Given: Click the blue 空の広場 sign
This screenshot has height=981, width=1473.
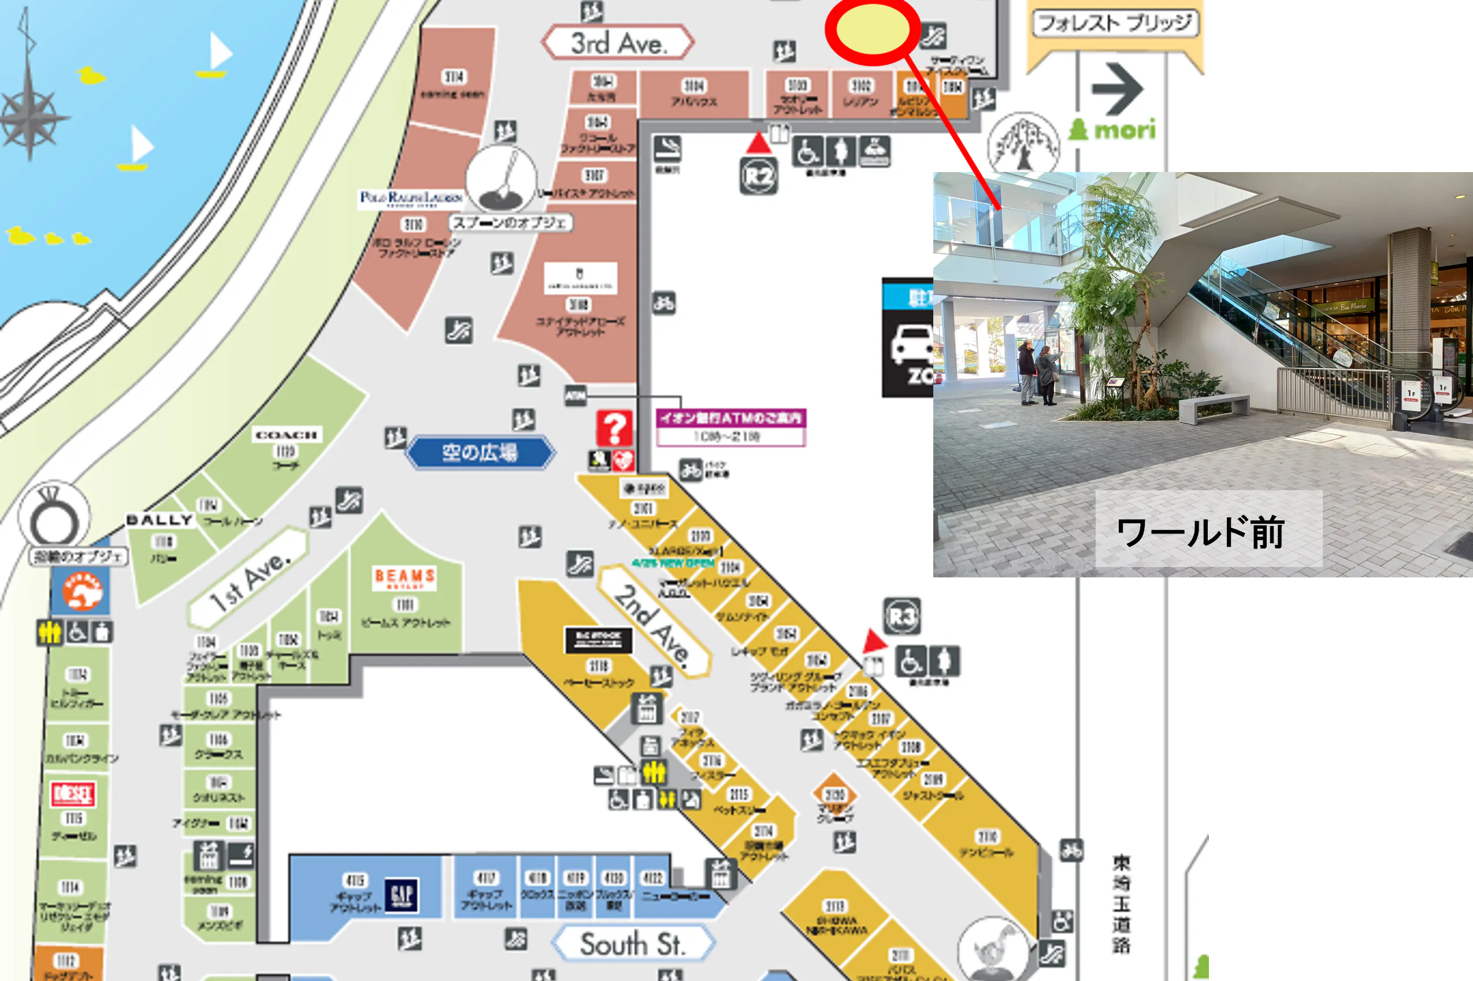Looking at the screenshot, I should point(480,452).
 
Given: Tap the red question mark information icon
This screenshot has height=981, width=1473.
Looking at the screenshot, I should point(614,428).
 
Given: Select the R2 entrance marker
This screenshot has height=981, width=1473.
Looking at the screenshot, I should point(758,177).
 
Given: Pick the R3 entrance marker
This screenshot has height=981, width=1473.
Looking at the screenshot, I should point(901,617).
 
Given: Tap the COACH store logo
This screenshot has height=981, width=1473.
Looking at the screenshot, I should point(287,435).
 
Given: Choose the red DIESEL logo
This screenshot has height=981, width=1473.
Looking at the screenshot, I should point(73,794).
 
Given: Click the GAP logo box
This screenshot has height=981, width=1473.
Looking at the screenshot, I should point(401,894).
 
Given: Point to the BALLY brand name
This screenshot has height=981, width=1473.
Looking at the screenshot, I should point(159,520).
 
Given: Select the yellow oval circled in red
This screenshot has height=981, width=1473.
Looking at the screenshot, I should point(872,29).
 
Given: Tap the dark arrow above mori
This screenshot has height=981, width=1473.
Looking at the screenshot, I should point(1118,88).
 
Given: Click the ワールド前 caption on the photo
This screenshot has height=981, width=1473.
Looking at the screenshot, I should point(1200,532).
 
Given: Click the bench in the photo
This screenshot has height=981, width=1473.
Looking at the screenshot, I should point(1213,407).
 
